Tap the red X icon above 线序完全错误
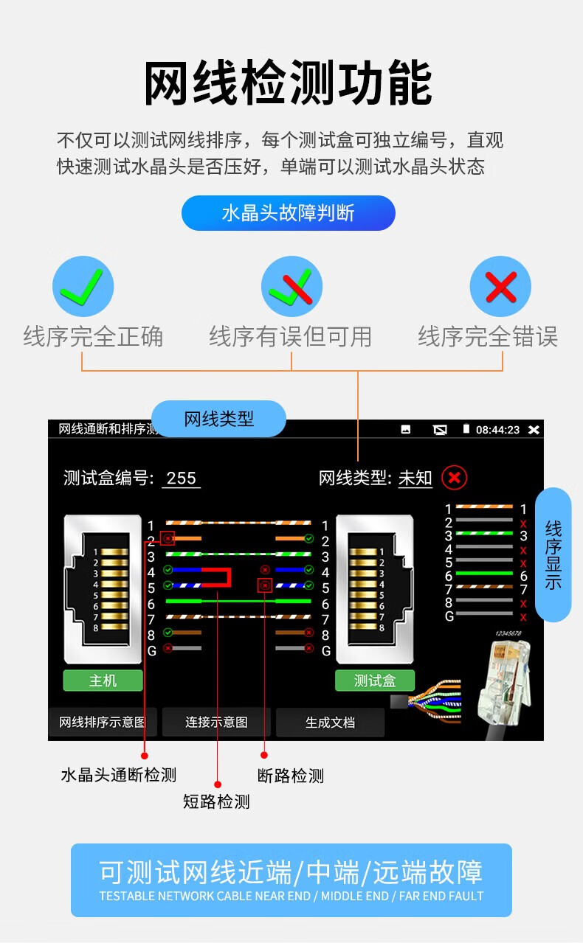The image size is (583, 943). pyautogui.click(x=500, y=286)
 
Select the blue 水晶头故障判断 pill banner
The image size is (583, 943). pyautogui.click(x=288, y=213)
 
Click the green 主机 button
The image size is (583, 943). pyautogui.click(x=103, y=681)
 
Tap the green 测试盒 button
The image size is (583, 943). pyautogui.click(x=374, y=681)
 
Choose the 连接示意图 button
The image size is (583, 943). pyautogui.click(x=216, y=722)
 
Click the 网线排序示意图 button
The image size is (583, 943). pyautogui.click(x=103, y=722)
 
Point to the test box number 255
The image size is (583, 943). pyautogui.click(x=181, y=479)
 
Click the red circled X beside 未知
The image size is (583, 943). pyautogui.click(x=454, y=478)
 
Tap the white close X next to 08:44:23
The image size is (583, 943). pyautogui.click(x=534, y=430)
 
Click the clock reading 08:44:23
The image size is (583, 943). pyautogui.click(x=497, y=430)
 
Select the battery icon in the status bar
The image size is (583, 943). pyautogui.click(x=466, y=429)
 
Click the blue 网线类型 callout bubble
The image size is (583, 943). pyautogui.click(x=218, y=419)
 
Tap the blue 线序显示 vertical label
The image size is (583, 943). pyautogui.click(x=553, y=554)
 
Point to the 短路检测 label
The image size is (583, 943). pyautogui.click(x=216, y=801)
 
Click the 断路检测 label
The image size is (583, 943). pyautogui.click(x=291, y=776)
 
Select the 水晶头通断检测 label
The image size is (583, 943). pyautogui.click(x=119, y=775)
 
